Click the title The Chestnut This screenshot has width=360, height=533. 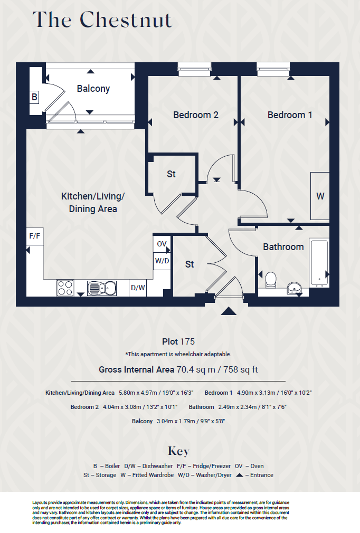(102, 20)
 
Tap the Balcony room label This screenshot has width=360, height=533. (93, 89)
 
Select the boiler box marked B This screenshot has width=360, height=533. (35, 97)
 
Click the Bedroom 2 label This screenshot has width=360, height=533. (196, 115)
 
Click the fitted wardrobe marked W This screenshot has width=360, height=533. (320, 196)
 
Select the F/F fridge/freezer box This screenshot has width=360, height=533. (35, 236)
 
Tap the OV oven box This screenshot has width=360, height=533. (162, 244)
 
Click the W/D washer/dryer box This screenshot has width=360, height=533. (162, 261)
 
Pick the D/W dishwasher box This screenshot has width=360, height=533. (138, 288)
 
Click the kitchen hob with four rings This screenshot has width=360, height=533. (65, 288)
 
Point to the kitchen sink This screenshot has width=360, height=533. (102, 288)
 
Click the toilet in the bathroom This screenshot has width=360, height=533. (270, 280)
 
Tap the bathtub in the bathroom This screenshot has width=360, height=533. (319, 263)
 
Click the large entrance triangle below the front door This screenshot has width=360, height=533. (229, 311)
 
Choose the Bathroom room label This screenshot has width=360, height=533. (283, 247)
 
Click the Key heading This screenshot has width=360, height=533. (178, 451)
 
